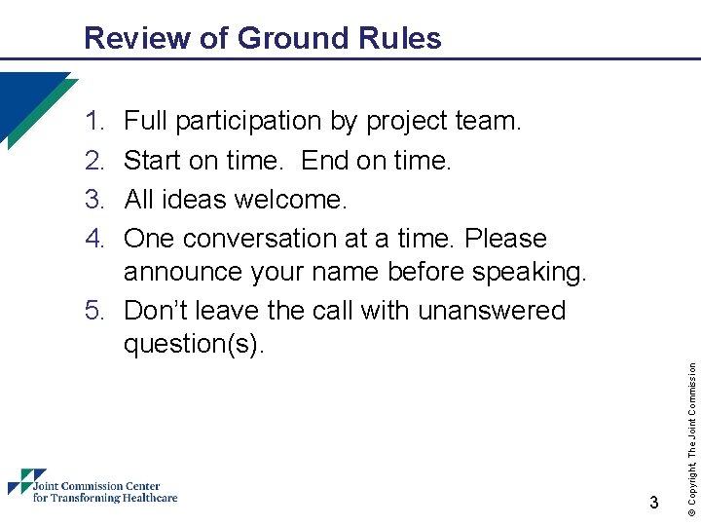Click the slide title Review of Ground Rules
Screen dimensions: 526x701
pos(262,38)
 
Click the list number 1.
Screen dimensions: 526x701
pos(94,122)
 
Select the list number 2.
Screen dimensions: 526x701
pos(94,161)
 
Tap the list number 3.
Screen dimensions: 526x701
pos(94,200)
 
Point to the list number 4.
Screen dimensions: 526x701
pos(94,239)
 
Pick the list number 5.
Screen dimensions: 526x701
pos(94,311)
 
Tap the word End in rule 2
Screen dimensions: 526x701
pos(326,161)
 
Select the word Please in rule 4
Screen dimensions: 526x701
pos(505,239)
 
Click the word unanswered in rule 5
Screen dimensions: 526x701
pos(492,311)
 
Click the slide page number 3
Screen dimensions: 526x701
pos(653,503)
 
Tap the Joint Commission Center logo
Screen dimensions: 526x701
pos(92,486)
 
